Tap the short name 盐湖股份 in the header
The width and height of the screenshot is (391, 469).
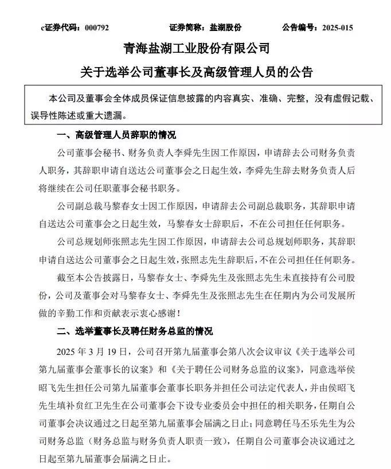click(225, 27)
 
